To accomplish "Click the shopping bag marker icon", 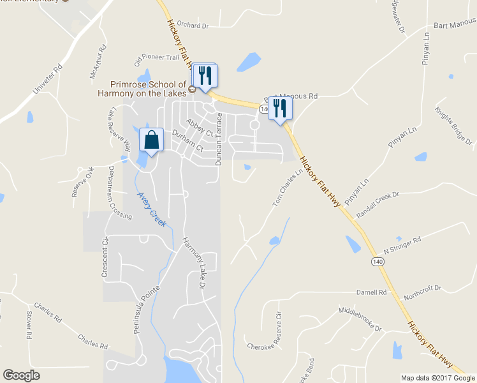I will (151, 140).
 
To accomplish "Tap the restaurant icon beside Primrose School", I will (205, 75).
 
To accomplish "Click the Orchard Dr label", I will (193, 26).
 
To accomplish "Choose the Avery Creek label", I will (152, 210).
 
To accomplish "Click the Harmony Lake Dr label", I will (193, 262).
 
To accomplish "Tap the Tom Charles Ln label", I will (288, 187).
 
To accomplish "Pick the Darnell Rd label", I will (372, 292).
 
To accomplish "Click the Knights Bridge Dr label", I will (453, 124).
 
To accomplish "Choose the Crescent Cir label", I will (105, 257).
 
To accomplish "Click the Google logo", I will (22, 375).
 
